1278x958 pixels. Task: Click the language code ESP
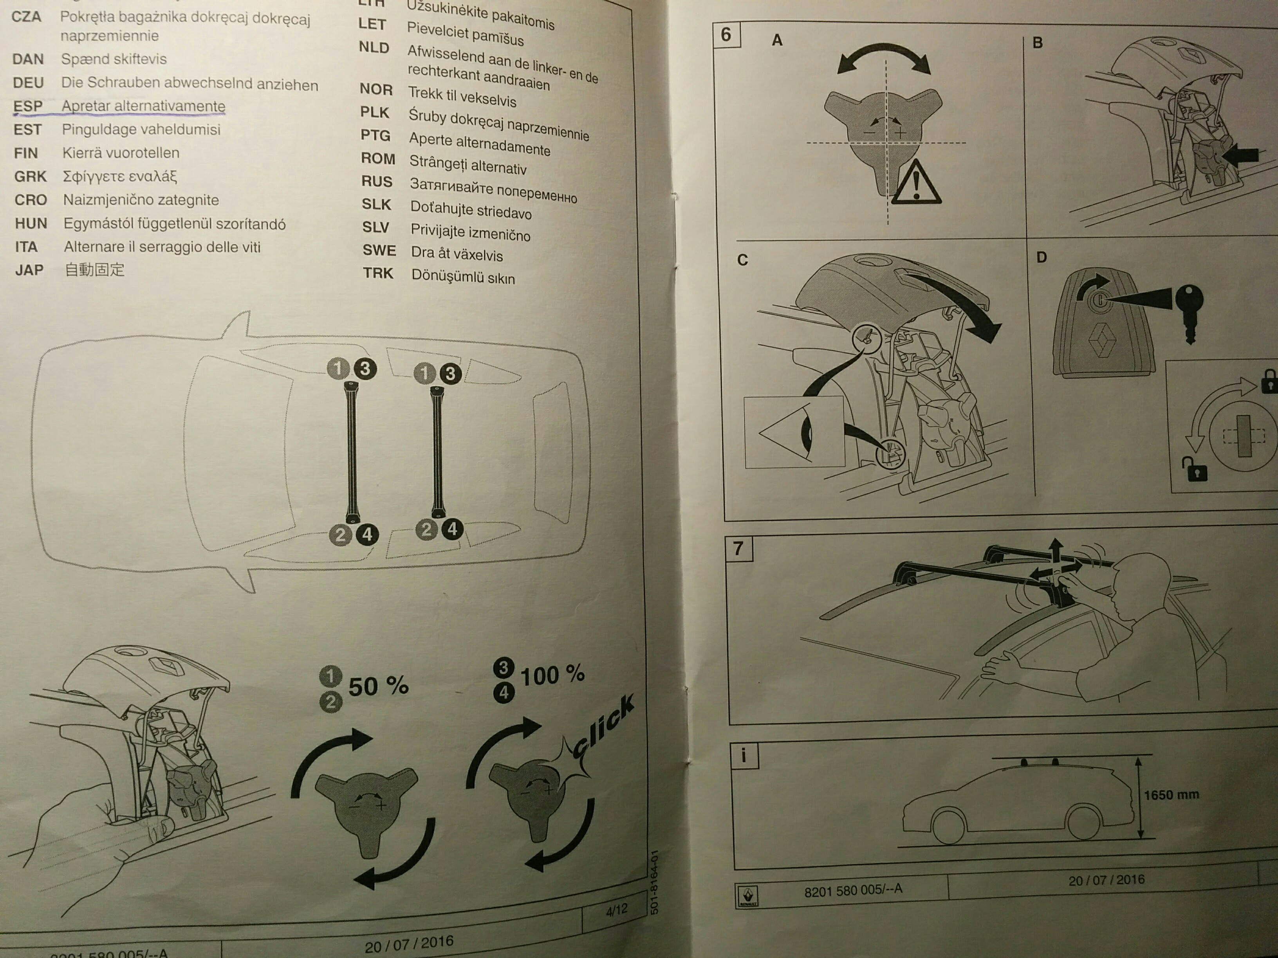click(x=28, y=106)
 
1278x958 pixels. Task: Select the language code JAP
click(x=29, y=270)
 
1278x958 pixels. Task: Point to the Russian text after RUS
click(x=493, y=191)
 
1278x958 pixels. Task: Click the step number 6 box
click(x=726, y=35)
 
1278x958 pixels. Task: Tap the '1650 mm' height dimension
click(x=1171, y=795)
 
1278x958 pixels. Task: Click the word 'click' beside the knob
click(x=603, y=728)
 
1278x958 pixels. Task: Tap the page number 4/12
click(x=616, y=911)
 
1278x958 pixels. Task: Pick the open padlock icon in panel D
click(x=1194, y=470)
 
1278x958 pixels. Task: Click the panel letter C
click(x=742, y=260)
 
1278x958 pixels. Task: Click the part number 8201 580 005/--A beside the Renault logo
click(x=853, y=890)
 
